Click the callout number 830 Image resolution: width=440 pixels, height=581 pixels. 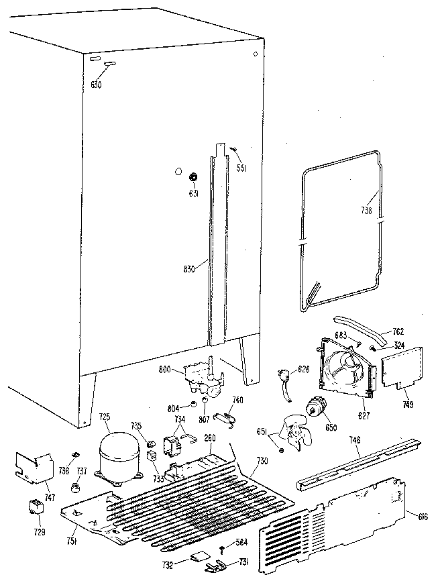pyautogui.click(x=190, y=269)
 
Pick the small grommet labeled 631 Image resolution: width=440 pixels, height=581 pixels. pyautogui.click(x=193, y=177)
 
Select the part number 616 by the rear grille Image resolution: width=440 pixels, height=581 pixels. pyautogui.click(x=422, y=515)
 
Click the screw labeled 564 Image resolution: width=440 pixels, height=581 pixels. pyautogui.click(x=222, y=549)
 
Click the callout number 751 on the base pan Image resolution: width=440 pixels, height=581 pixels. pyautogui.click(x=71, y=542)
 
